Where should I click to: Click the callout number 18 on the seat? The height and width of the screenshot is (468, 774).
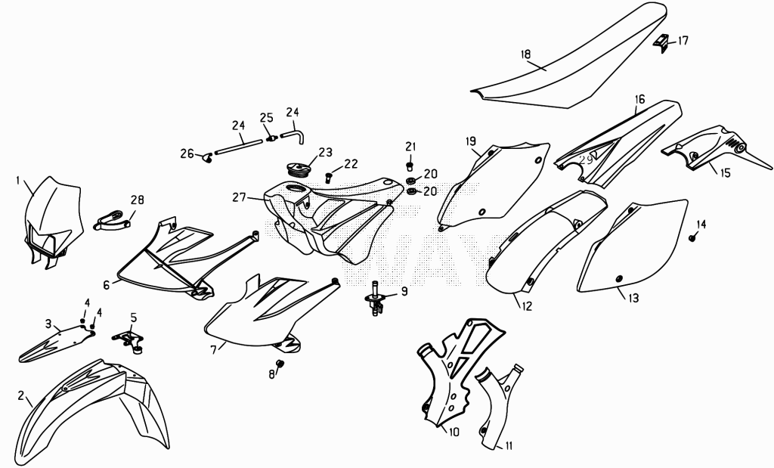(526, 54)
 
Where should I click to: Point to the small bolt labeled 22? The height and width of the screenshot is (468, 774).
(329, 176)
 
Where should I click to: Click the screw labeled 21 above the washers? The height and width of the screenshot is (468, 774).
(410, 166)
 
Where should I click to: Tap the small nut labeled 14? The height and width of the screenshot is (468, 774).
(692, 239)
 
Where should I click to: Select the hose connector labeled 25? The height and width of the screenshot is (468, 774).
(271, 138)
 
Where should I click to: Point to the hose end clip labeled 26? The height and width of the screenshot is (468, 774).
(207, 157)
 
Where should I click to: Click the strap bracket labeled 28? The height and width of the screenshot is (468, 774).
(112, 219)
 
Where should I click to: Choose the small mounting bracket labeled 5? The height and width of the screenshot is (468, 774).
(128, 340)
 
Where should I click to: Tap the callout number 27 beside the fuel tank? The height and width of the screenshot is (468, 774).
(240, 197)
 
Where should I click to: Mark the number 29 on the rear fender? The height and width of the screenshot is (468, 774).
(586, 160)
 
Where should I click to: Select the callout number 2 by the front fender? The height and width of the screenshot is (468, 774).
(21, 395)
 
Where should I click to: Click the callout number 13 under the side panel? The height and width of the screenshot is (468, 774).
(633, 298)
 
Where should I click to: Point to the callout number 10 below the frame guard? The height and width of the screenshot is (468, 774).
(454, 432)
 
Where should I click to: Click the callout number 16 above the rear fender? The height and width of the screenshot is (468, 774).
(639, 99)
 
